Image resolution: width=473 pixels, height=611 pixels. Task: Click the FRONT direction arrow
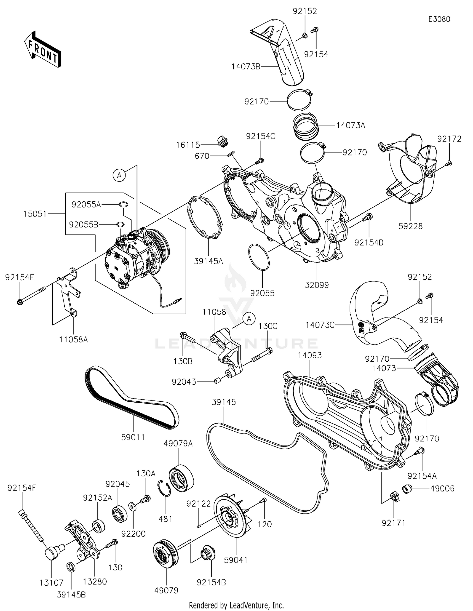[43, 49]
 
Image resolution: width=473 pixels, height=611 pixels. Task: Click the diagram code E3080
[439, 19]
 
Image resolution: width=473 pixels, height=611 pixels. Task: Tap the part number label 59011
[133, 437]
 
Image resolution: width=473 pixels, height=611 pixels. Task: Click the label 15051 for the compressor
[35, 214]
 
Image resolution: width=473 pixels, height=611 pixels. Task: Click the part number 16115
[188, 145]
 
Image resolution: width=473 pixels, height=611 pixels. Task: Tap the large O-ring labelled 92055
[259, 257]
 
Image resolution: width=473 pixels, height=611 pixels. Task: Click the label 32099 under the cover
[317, 285]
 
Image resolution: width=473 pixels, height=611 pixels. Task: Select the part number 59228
[410, 226]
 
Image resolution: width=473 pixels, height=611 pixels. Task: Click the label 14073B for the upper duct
[246, 67]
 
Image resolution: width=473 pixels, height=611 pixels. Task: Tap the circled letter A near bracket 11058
[249, 319]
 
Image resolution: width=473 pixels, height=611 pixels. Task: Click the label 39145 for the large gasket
[224, 402]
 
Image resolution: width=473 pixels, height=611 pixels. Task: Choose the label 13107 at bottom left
[51, 583]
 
